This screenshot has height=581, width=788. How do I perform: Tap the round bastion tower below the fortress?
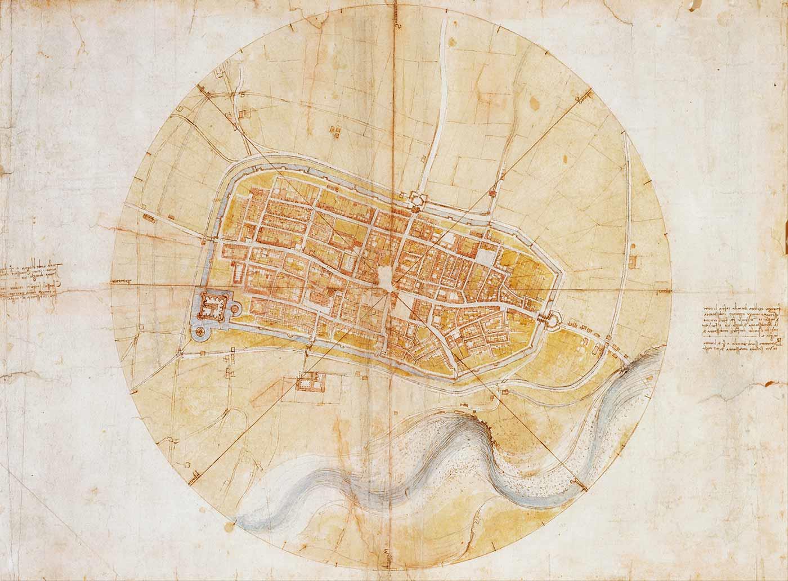click(200, 333)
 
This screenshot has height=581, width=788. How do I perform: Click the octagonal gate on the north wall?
click(417, 198)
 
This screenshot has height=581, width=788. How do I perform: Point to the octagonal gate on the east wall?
click(550, 319)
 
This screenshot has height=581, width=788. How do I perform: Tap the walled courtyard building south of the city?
click(308, 383)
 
